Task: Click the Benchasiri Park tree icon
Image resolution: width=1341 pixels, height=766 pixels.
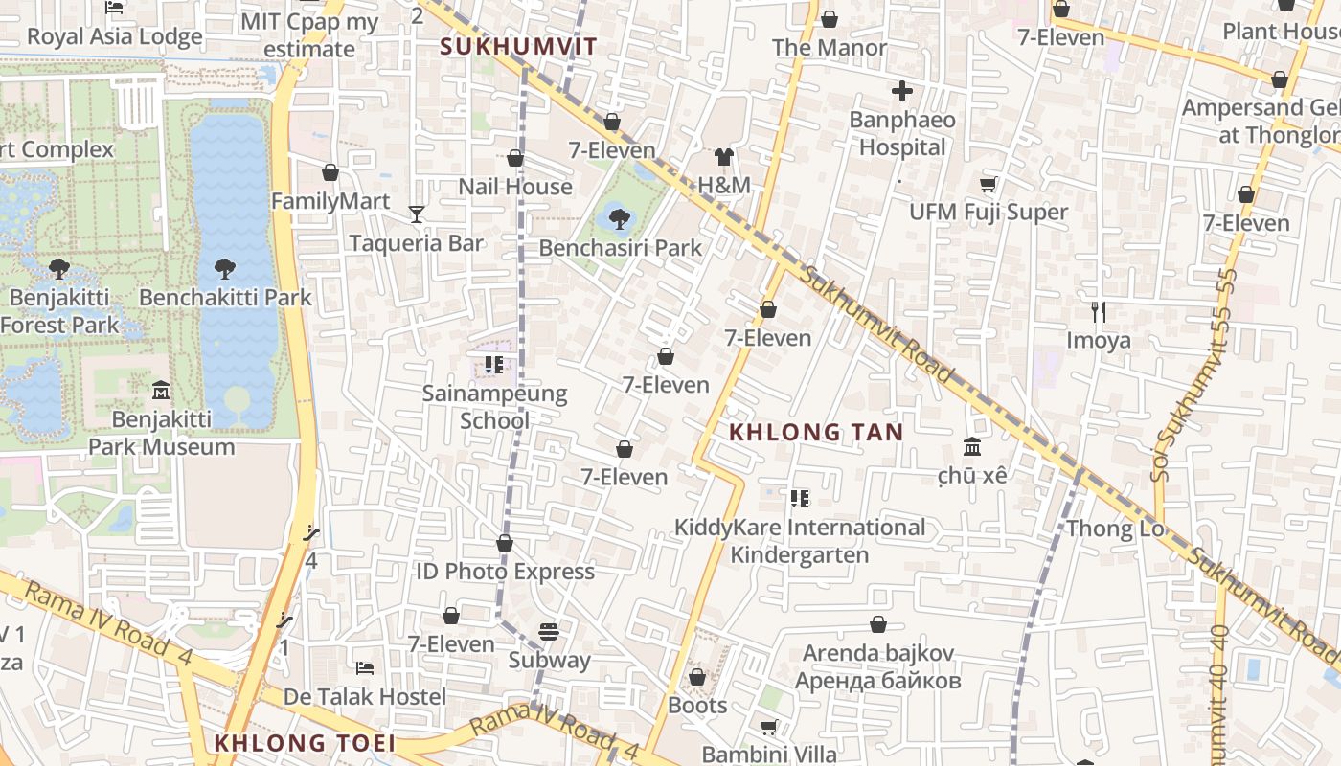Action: click(x=620, y=219)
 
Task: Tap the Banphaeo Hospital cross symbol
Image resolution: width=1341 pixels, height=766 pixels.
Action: click(x=901, y=92)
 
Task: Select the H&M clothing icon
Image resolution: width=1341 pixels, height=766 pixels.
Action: click(x=723, y=157)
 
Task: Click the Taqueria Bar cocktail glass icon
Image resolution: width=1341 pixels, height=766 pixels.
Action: click(x=416, y=214)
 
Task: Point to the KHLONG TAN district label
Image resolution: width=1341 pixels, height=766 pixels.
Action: click(x=816, y=432)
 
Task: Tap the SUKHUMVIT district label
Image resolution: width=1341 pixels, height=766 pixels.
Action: click(x=518, y=46)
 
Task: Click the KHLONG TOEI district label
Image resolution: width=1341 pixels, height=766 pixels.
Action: click(x=304, y=743)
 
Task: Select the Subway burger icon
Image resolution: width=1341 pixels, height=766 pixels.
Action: click(x=549, y=632)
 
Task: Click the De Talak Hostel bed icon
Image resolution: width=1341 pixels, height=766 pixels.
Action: click(x=364, y=668)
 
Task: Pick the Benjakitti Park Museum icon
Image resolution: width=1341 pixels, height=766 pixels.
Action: click(x=161, y=391)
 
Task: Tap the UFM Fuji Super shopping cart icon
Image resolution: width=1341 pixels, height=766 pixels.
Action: click(x=988, y=184)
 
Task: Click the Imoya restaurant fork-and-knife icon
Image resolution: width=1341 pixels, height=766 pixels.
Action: click(x=1099, y=312)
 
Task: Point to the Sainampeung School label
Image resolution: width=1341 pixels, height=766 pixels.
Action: click(x=494, y=407)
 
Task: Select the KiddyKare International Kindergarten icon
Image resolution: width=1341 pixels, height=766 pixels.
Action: click(x=800, y=499)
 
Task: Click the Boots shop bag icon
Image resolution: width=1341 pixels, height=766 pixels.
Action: click(x=697, y=678)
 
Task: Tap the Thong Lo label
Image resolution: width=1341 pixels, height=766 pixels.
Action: click(x=1115, y=529)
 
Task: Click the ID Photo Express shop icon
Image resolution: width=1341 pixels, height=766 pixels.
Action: click(x=505, y=544)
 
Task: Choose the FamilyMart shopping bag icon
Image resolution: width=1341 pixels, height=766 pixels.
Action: click(x=330, y=173)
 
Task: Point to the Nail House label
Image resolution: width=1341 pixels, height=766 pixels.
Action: click(x=515, y=187)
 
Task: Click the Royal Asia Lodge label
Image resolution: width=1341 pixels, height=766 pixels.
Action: click(x=115, y=37)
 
